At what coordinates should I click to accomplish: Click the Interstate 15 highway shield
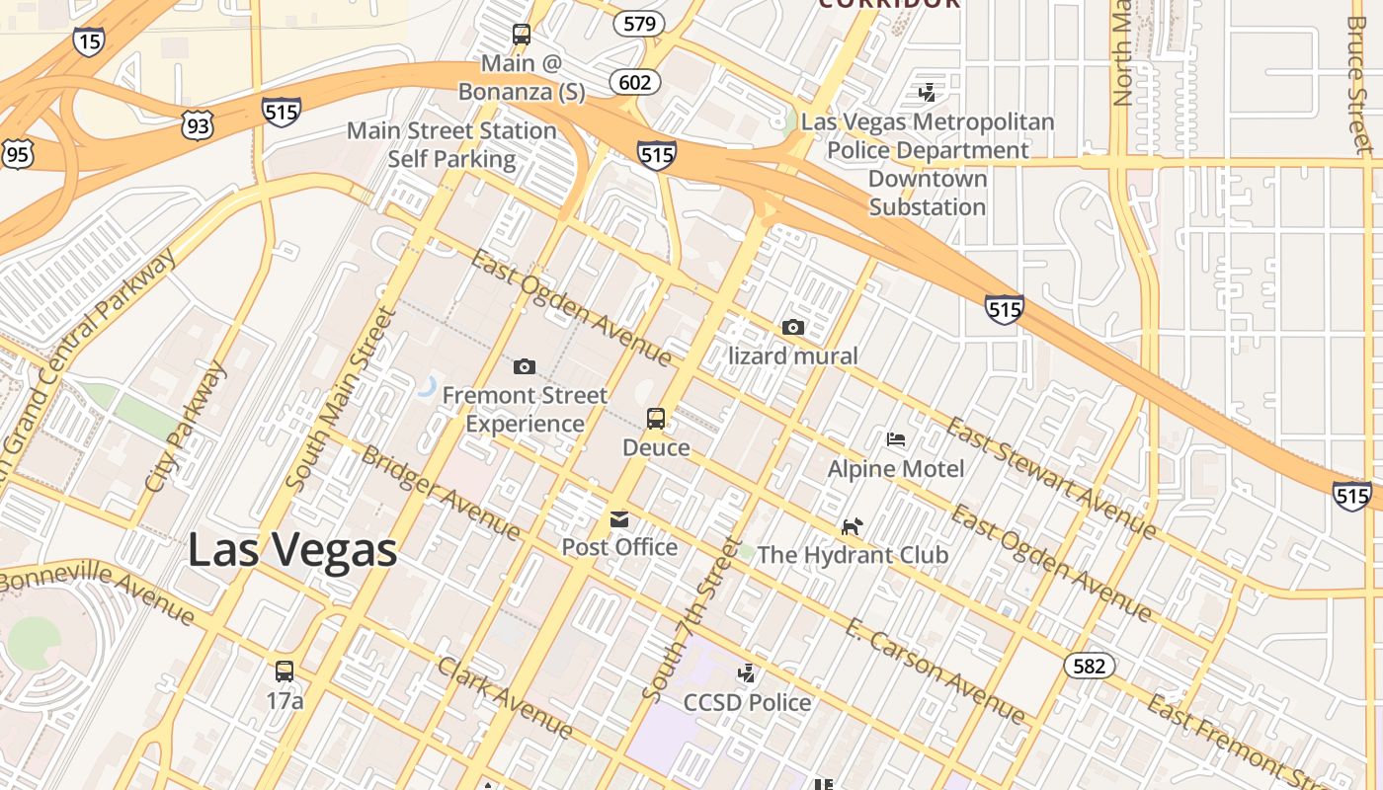[x=88, y=41]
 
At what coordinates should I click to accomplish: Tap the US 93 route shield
[x=197, y=124]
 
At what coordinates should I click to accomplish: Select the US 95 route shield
[x=18, y=154]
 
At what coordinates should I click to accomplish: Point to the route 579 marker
[x=638, y=24]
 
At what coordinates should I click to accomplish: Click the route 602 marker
[x=633, y=82]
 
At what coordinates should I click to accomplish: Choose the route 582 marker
[x=1089, y=667]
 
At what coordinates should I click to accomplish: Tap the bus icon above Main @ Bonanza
[x=522, y=36]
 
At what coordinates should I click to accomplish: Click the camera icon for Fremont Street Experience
[x=525, y=367]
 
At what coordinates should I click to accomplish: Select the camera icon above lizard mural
[x=792, y=328]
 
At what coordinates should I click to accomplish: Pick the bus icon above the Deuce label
[x=656, y=419]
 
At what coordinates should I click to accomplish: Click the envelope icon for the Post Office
[x=619, y=519]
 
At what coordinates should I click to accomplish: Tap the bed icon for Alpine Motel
[x=896, y=439]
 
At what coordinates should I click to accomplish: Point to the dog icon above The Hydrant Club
[x=852, y=526]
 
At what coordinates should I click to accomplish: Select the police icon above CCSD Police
[x=747, y=674]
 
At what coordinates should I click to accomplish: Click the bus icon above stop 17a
[x=285, y=671]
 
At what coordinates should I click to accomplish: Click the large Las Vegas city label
[x=292, y=550]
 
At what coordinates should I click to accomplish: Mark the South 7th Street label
[x=690, y=619]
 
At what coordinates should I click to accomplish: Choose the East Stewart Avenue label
[x=1051, y=478]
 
